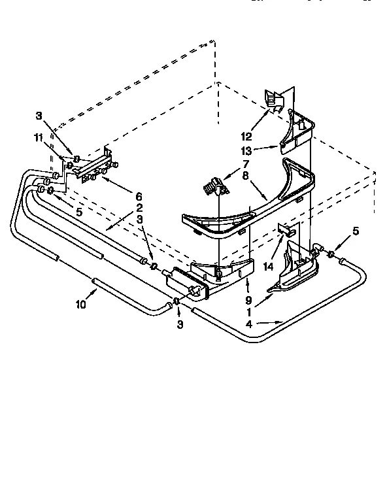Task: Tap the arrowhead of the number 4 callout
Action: (282, 322)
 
